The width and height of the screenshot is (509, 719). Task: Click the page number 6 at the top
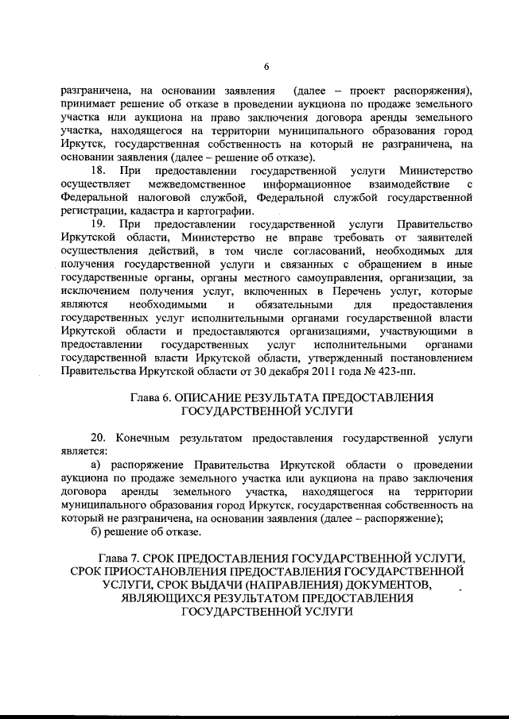tap(266, 66)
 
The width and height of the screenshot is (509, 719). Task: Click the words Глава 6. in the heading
tap(150, 397)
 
